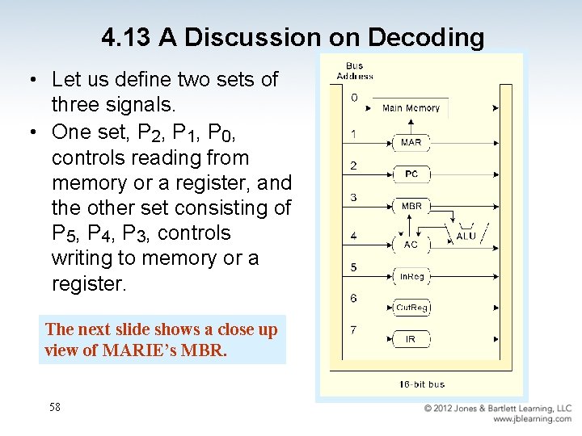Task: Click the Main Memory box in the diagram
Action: point(411,108)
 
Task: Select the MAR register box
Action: point(411,142)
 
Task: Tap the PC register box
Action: point(411,174)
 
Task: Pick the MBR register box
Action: point(411,206)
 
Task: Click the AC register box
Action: point(411,244)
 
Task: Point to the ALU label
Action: point(466,236)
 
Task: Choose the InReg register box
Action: point(411,276)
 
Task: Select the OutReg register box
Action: point(411,308)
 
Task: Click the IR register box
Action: point(411,339)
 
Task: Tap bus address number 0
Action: point(353,98)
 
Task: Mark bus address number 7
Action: point(353,329)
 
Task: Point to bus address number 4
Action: point(353,237)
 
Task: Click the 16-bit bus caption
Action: point(422,384)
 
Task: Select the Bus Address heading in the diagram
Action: point(355,71)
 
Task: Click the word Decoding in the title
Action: point(426,37)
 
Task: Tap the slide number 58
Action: point(55,407)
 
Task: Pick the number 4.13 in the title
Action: point(127,37)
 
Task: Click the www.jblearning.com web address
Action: point(532,419)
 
